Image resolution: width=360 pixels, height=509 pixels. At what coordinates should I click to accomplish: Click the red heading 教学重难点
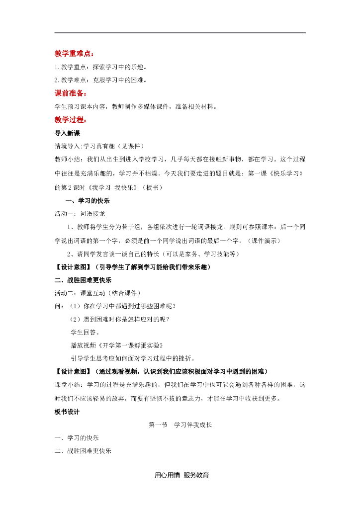74,54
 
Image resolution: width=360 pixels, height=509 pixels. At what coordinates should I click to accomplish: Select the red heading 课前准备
70,93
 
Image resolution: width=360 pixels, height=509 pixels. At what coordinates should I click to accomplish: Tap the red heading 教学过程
70,120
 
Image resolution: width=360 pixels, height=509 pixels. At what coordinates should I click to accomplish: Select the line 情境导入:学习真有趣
99,146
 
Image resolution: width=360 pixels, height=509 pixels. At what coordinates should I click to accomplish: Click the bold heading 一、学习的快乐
88,201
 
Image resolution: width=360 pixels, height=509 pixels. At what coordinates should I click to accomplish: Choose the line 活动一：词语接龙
80,214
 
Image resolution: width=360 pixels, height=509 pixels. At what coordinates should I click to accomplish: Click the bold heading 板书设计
67,412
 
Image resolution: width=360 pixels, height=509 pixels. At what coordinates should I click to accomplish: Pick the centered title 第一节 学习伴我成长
180,425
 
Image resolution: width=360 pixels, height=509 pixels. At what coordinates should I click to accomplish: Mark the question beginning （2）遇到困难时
123,319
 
